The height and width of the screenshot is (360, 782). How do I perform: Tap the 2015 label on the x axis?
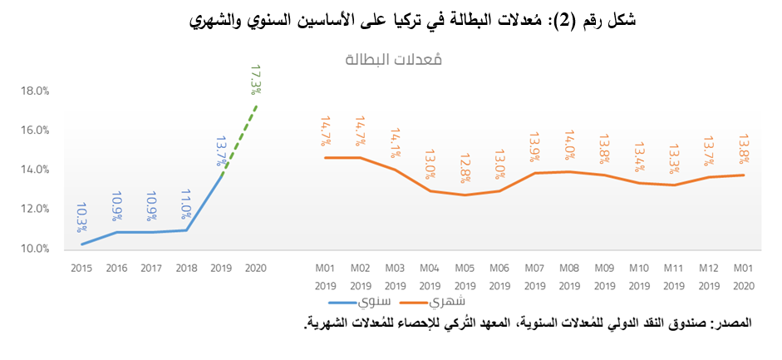click(x=81, y=268)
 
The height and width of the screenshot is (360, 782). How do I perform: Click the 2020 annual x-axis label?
click(x=257, y=268)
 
